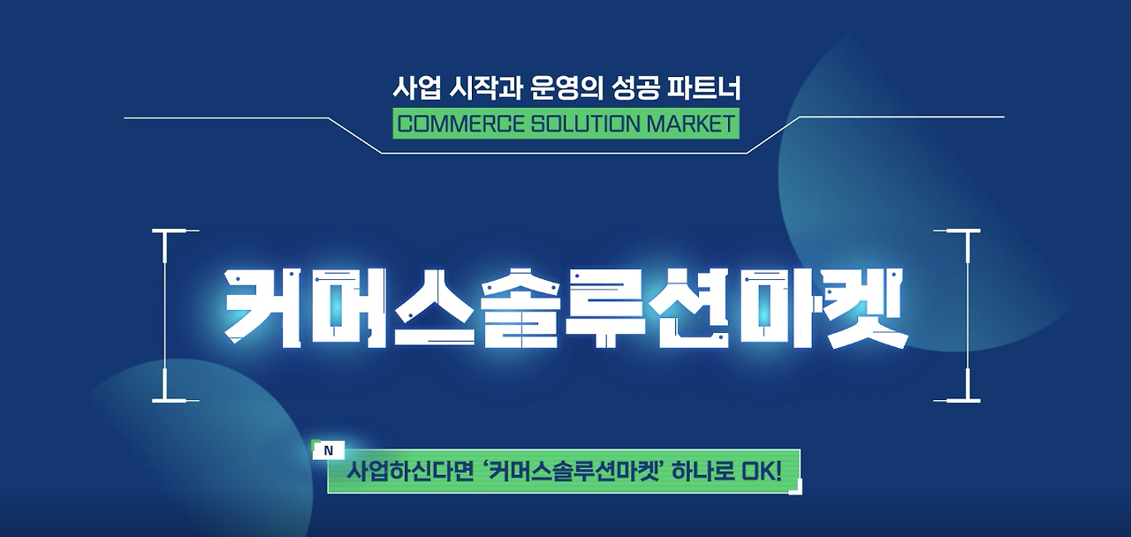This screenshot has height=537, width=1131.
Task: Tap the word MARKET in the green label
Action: click(690, 123)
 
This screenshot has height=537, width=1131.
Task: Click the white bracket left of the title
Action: click(168, 315)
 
